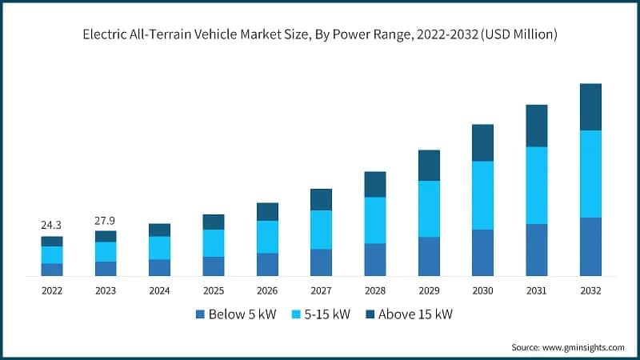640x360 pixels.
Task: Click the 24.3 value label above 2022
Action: pyautogui.click(x=52, y=226)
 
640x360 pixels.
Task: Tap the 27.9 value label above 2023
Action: pyautogui.click(x=106, y=220)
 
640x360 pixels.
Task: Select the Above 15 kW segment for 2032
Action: pyautogui.click(x=590, y=106)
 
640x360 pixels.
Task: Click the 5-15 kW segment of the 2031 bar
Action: pyautogui.click(x=536, y=185)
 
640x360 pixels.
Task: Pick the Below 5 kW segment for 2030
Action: pyautogui.click(x=482, y=253)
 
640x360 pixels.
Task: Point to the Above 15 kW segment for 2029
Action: pyautogui.click(x=429, y=165)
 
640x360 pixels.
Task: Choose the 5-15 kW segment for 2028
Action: pyautogui.click(x=375, y=220)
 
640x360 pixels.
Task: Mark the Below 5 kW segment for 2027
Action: pyautogui.click(x=321, y=262)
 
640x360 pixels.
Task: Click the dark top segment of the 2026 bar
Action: pyautogui.click(x=267, y=211)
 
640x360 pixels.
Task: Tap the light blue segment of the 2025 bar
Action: pyautogui.click(x=214, y=243)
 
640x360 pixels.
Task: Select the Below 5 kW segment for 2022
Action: pyautogui.click(x=52, y=270)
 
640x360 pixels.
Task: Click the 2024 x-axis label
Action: pyautogui.click(x=159, y=290)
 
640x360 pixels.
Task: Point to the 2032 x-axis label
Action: pyautogui.click(x=590, y=290)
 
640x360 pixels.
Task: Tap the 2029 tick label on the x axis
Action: pyautogui.click(x=429, y=290)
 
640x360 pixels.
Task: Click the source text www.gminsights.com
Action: pyautogui.click(x=585, y=347)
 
